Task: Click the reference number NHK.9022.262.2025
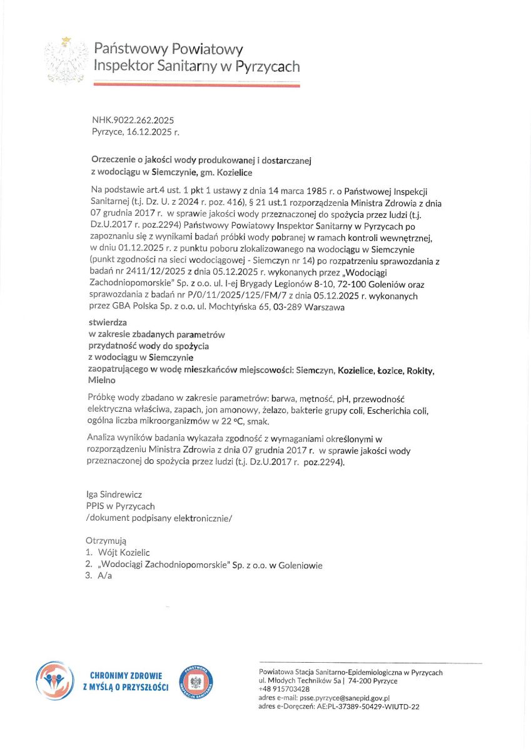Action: click(x=133, y=120)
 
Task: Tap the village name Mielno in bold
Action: click(x=103, y=380)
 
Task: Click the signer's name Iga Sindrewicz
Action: click(x=114, y=494)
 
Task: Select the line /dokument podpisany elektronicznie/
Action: click(x=159, y=518)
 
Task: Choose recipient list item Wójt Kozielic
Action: click(x=124, y=553)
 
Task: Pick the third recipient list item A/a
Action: click(x=104, y=576)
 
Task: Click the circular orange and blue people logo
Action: click(x=55, y=682)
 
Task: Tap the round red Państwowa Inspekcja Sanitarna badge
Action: click(x=196, y=682)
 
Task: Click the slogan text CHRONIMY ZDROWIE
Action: click(x=126, y=676)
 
